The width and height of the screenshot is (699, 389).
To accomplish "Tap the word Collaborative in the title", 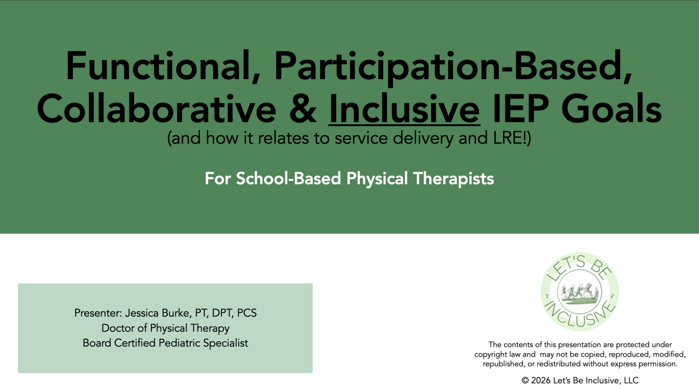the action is coord(157,108).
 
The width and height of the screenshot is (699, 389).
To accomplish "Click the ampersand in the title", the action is coord(303,109).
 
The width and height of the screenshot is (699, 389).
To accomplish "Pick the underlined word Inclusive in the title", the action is coord(404,109).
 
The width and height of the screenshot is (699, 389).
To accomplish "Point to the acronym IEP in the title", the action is coord(521,108).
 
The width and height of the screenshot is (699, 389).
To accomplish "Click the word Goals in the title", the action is coord(612,108).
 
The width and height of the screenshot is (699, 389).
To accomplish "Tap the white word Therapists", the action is coord(453,179).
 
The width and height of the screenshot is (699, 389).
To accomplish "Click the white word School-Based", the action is coord(289,178).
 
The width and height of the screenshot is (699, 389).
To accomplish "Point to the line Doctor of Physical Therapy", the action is coord(165,328).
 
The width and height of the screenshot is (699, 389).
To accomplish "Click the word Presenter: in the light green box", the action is coord(98,313).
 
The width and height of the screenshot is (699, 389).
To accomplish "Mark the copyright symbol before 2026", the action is coord(525,380).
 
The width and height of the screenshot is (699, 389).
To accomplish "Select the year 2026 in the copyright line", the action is coord(541,380).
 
